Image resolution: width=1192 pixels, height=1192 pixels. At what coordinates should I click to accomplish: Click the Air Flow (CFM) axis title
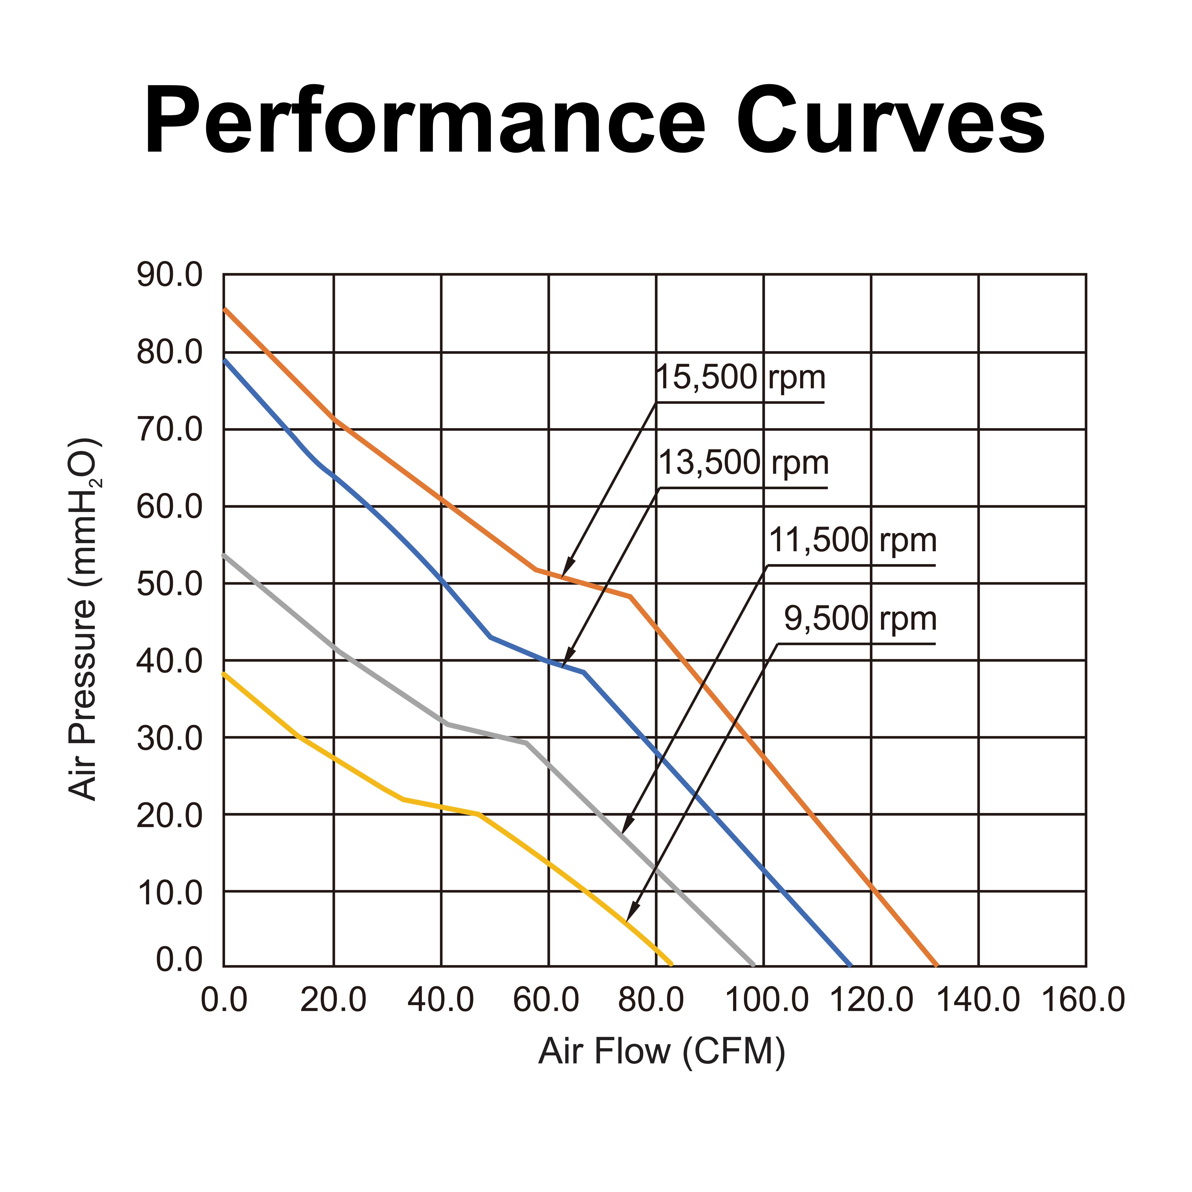[x=661, y=1052]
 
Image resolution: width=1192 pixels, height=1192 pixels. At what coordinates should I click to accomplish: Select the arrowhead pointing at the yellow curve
[x=629, y=916]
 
